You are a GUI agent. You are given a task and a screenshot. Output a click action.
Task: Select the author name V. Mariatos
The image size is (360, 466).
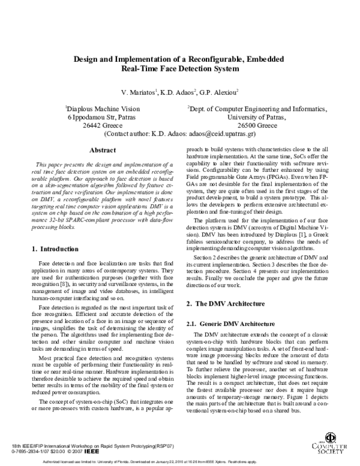(x=138, y=92)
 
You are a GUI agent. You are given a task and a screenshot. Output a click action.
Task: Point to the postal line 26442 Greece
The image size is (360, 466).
(x=103, y=127)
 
